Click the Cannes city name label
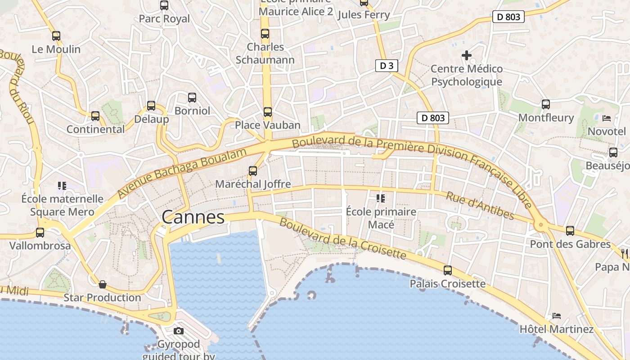193,217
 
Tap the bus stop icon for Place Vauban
268,112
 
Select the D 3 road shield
387,66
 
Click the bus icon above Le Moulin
56,36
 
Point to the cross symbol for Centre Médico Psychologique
467,55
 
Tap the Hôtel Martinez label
557,329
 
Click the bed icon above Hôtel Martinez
557,316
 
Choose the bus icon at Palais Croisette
448,270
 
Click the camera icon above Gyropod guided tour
179,331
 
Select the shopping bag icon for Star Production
103,284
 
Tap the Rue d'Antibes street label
480,206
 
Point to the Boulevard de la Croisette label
342,239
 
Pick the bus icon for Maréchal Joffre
253,171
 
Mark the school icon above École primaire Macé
381,198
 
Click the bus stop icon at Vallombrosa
40,233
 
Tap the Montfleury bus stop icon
546,104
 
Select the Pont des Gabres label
570,244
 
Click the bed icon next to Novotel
607,118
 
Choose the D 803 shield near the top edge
508,17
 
